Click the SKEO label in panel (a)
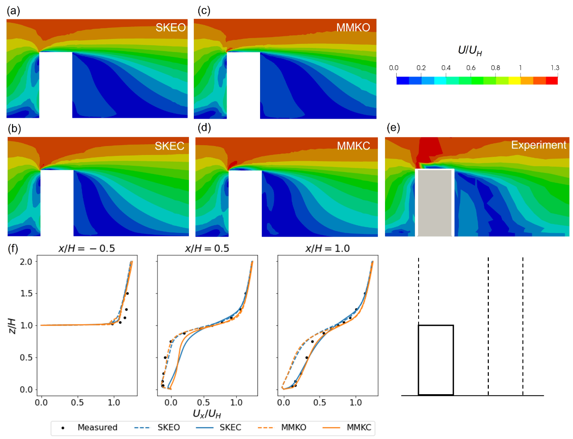pos(171,28)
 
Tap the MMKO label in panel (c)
pos(353,28)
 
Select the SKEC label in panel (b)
pos(170,146)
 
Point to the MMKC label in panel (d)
pos(354,146)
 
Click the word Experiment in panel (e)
pos(539,145)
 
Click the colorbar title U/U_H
pos(470,51)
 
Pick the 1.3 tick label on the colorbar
pos(555,68)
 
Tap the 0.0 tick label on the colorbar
pos(393,68)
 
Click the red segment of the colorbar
pos(552,81)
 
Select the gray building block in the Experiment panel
pos(435,202)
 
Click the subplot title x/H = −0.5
pos(87,249)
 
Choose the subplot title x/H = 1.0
pos(328,249)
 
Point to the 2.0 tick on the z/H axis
pos(26,262)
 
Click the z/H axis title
pos(12,326)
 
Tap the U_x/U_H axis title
pos(207,413)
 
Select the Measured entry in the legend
pos(97,428)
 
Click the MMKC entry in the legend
pos(359,428)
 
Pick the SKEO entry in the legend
pos(168,428)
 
